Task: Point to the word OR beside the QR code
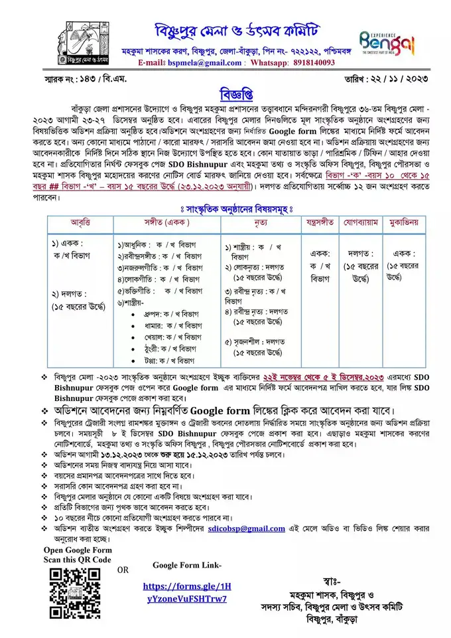pos(123,570)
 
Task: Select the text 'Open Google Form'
pos(77,550)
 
